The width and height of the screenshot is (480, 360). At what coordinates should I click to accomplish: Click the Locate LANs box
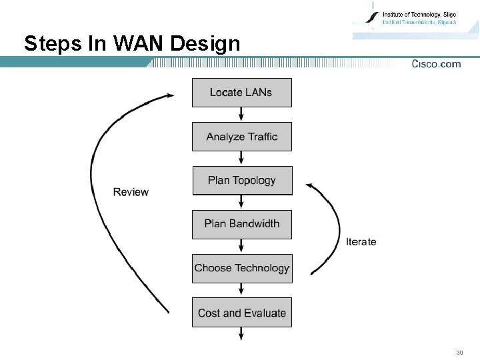point(241,93)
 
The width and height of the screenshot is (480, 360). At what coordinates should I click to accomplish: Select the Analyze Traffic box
point(241,137)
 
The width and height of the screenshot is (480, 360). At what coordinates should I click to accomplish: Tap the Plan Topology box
point(241,181)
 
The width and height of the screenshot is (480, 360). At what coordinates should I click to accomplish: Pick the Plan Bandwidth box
point(241,224)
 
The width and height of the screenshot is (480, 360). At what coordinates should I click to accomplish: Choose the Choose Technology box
point(241,269)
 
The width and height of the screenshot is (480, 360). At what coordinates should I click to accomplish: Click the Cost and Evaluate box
point(241,313)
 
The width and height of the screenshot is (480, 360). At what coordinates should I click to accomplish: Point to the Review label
point(131,192)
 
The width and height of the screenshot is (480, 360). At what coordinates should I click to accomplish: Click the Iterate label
point(361,241)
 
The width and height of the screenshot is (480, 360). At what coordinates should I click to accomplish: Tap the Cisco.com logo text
point(436,64)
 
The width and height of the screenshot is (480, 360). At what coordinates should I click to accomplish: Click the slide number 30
point(459,352)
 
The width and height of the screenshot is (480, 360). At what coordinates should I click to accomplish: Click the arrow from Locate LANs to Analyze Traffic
point(241,115)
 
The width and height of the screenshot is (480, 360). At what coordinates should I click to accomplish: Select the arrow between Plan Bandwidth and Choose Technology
point(241,246)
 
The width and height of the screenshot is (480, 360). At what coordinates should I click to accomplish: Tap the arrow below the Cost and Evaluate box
point(241,334)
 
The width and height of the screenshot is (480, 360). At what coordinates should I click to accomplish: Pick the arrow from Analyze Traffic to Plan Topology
point(241,159)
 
